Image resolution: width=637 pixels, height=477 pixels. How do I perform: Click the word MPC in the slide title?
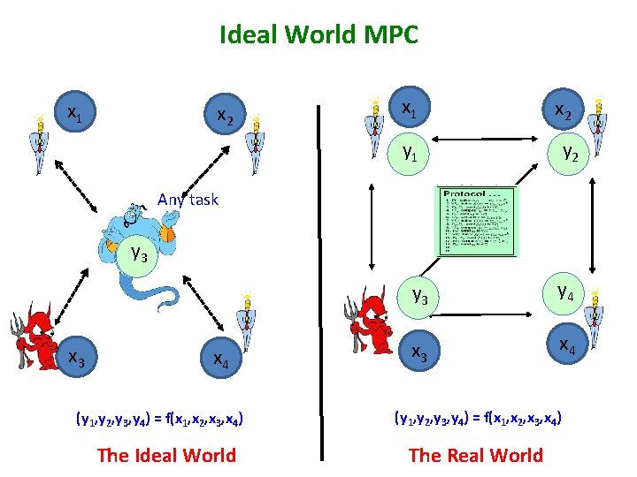pyautogui.click(x=390, y=35)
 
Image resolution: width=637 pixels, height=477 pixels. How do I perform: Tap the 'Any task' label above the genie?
pyautogui.click(x=187, y=200)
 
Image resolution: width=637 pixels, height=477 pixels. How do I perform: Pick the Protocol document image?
pyautogui.click(x=475, y=221)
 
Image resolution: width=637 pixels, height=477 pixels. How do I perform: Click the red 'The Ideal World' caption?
pyautogui.click(x=166, y=456)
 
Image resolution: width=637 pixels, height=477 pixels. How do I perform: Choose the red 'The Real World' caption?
pyautogui.click(x=475, y=456)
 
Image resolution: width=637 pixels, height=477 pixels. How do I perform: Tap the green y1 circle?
pyautogui.click(x=410, y=153)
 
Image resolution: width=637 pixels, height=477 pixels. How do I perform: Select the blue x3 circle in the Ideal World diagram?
pyautogui.click(x=77, y=359)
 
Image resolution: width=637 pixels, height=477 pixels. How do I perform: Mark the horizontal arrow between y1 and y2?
pyautogui.click(x=488, y=139)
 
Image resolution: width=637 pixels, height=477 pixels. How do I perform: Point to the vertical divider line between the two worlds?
pyautogui.click(x=319, y=283)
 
